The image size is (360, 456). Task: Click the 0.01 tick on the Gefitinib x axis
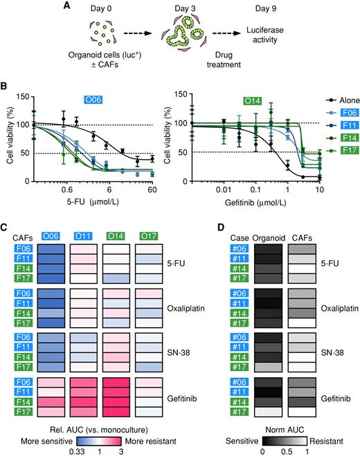coord(222,189)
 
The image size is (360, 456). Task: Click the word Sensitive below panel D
coord(249,438)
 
